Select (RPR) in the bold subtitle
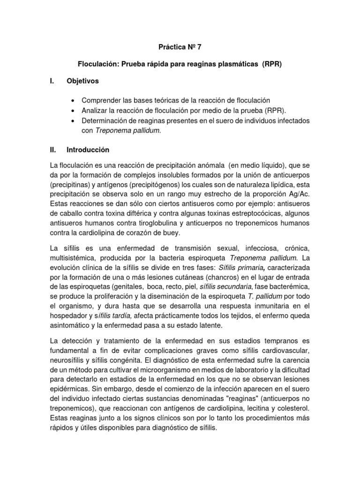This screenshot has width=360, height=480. (271, 64)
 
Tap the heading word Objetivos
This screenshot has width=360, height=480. (83, 81)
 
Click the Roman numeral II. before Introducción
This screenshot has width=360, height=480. (53, 150)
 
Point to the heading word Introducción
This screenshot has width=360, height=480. (88, 150)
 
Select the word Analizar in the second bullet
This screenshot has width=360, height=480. (95, 110)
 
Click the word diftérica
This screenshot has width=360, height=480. (145, 214)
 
